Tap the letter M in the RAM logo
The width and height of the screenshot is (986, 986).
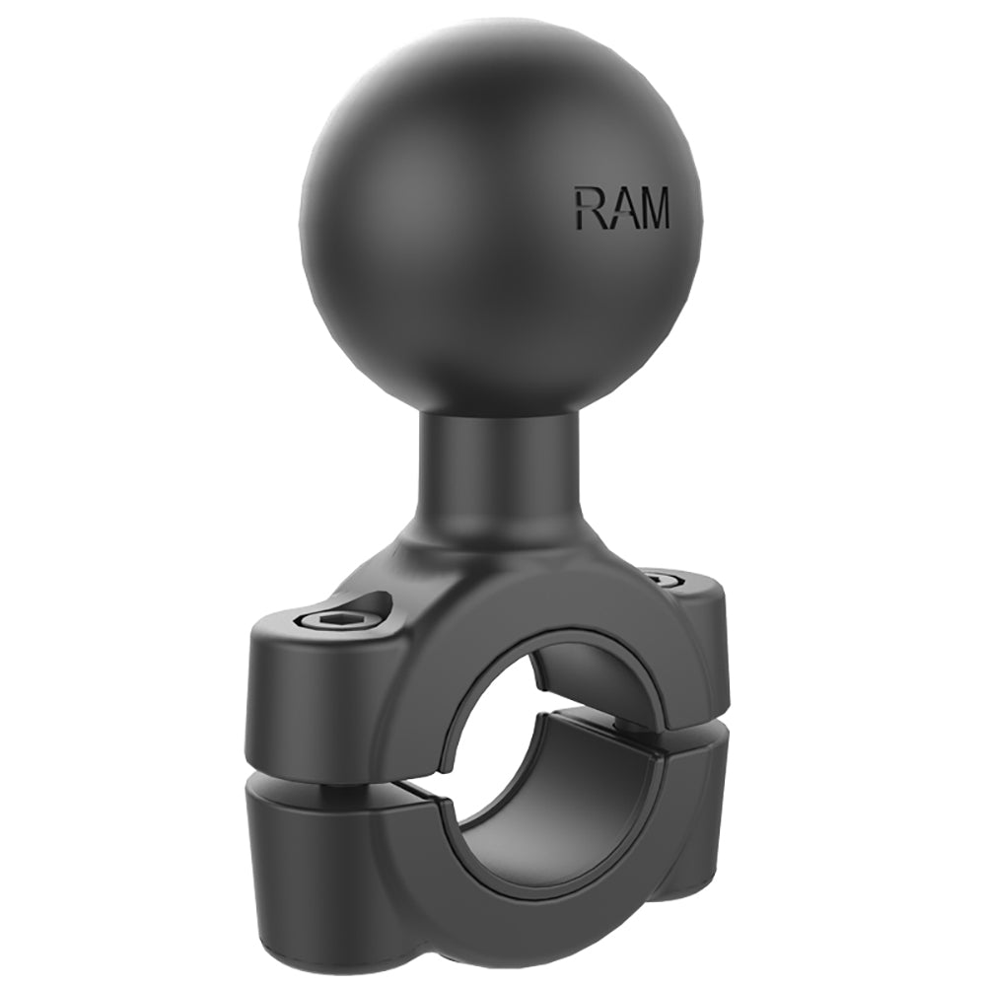(652, 209)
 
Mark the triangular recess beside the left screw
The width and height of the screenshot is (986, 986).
(376, 604)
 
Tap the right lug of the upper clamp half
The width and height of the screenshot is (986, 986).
(705, 651)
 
